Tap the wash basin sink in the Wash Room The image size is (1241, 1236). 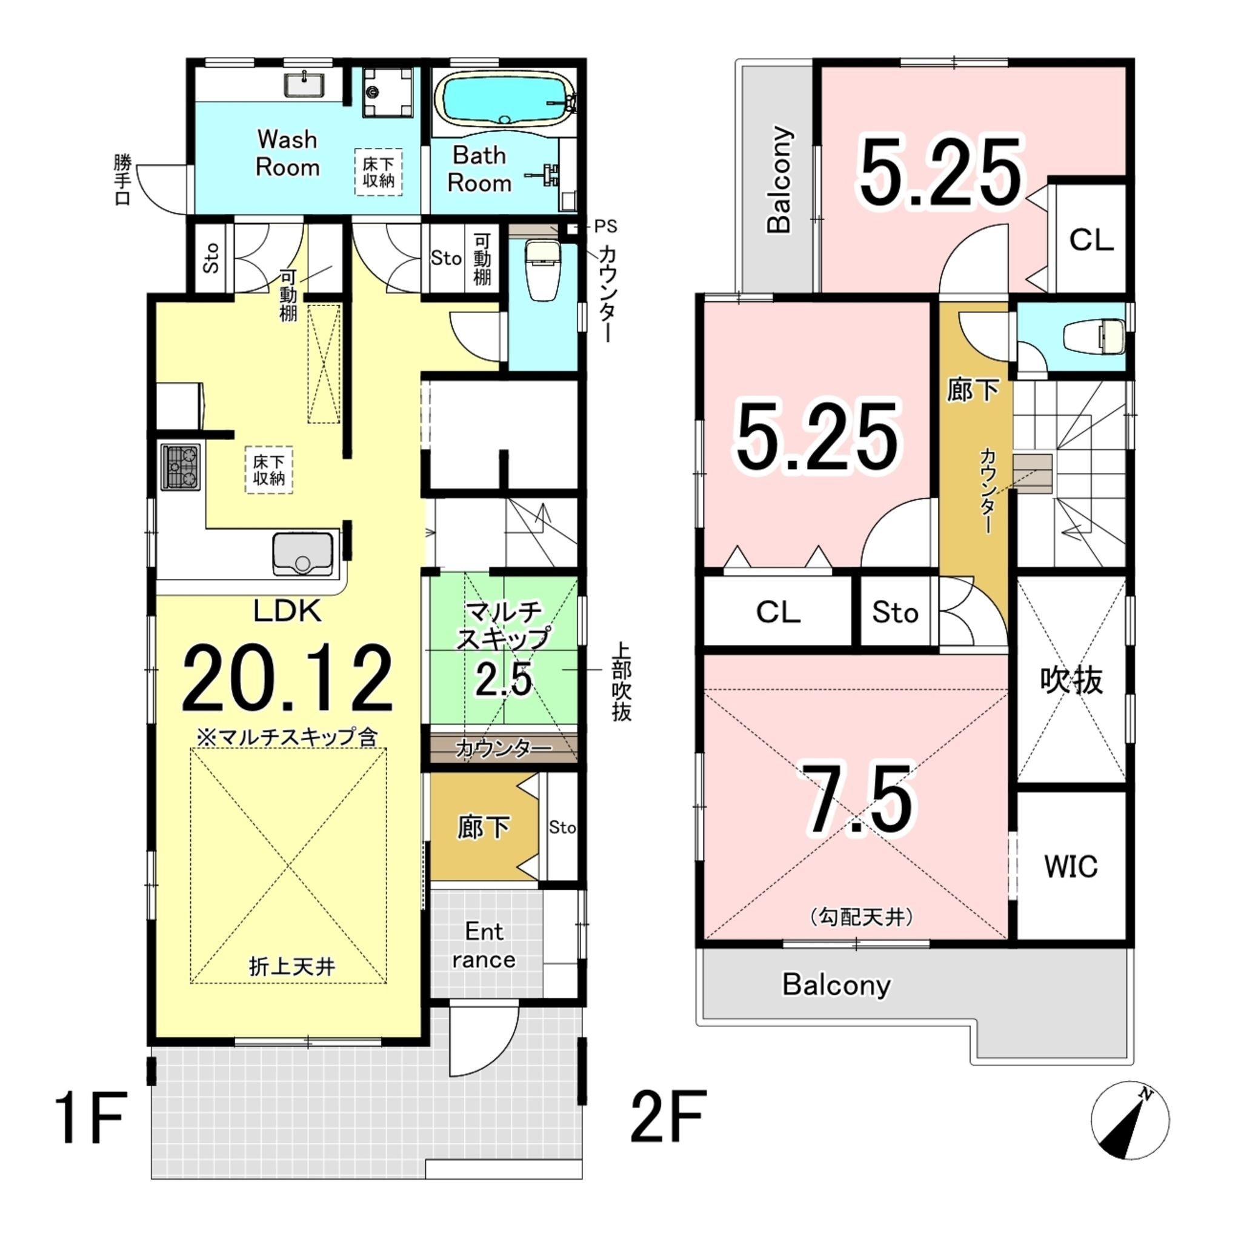tap(304, 85)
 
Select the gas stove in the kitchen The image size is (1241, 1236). tap(181, 466)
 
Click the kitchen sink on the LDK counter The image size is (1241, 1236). tap(303, 553)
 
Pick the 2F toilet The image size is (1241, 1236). tap(1093, 336)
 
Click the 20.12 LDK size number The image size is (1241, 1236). tap(287, 679)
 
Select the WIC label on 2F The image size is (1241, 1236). tap(1071, 867)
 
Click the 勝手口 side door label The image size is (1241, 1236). tap(122, 179)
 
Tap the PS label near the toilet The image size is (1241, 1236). tap(605, 226)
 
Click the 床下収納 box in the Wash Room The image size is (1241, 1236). tap(379, 172)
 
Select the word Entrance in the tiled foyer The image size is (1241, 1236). tap(484, 945)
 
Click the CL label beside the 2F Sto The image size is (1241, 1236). tap(779, 612)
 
